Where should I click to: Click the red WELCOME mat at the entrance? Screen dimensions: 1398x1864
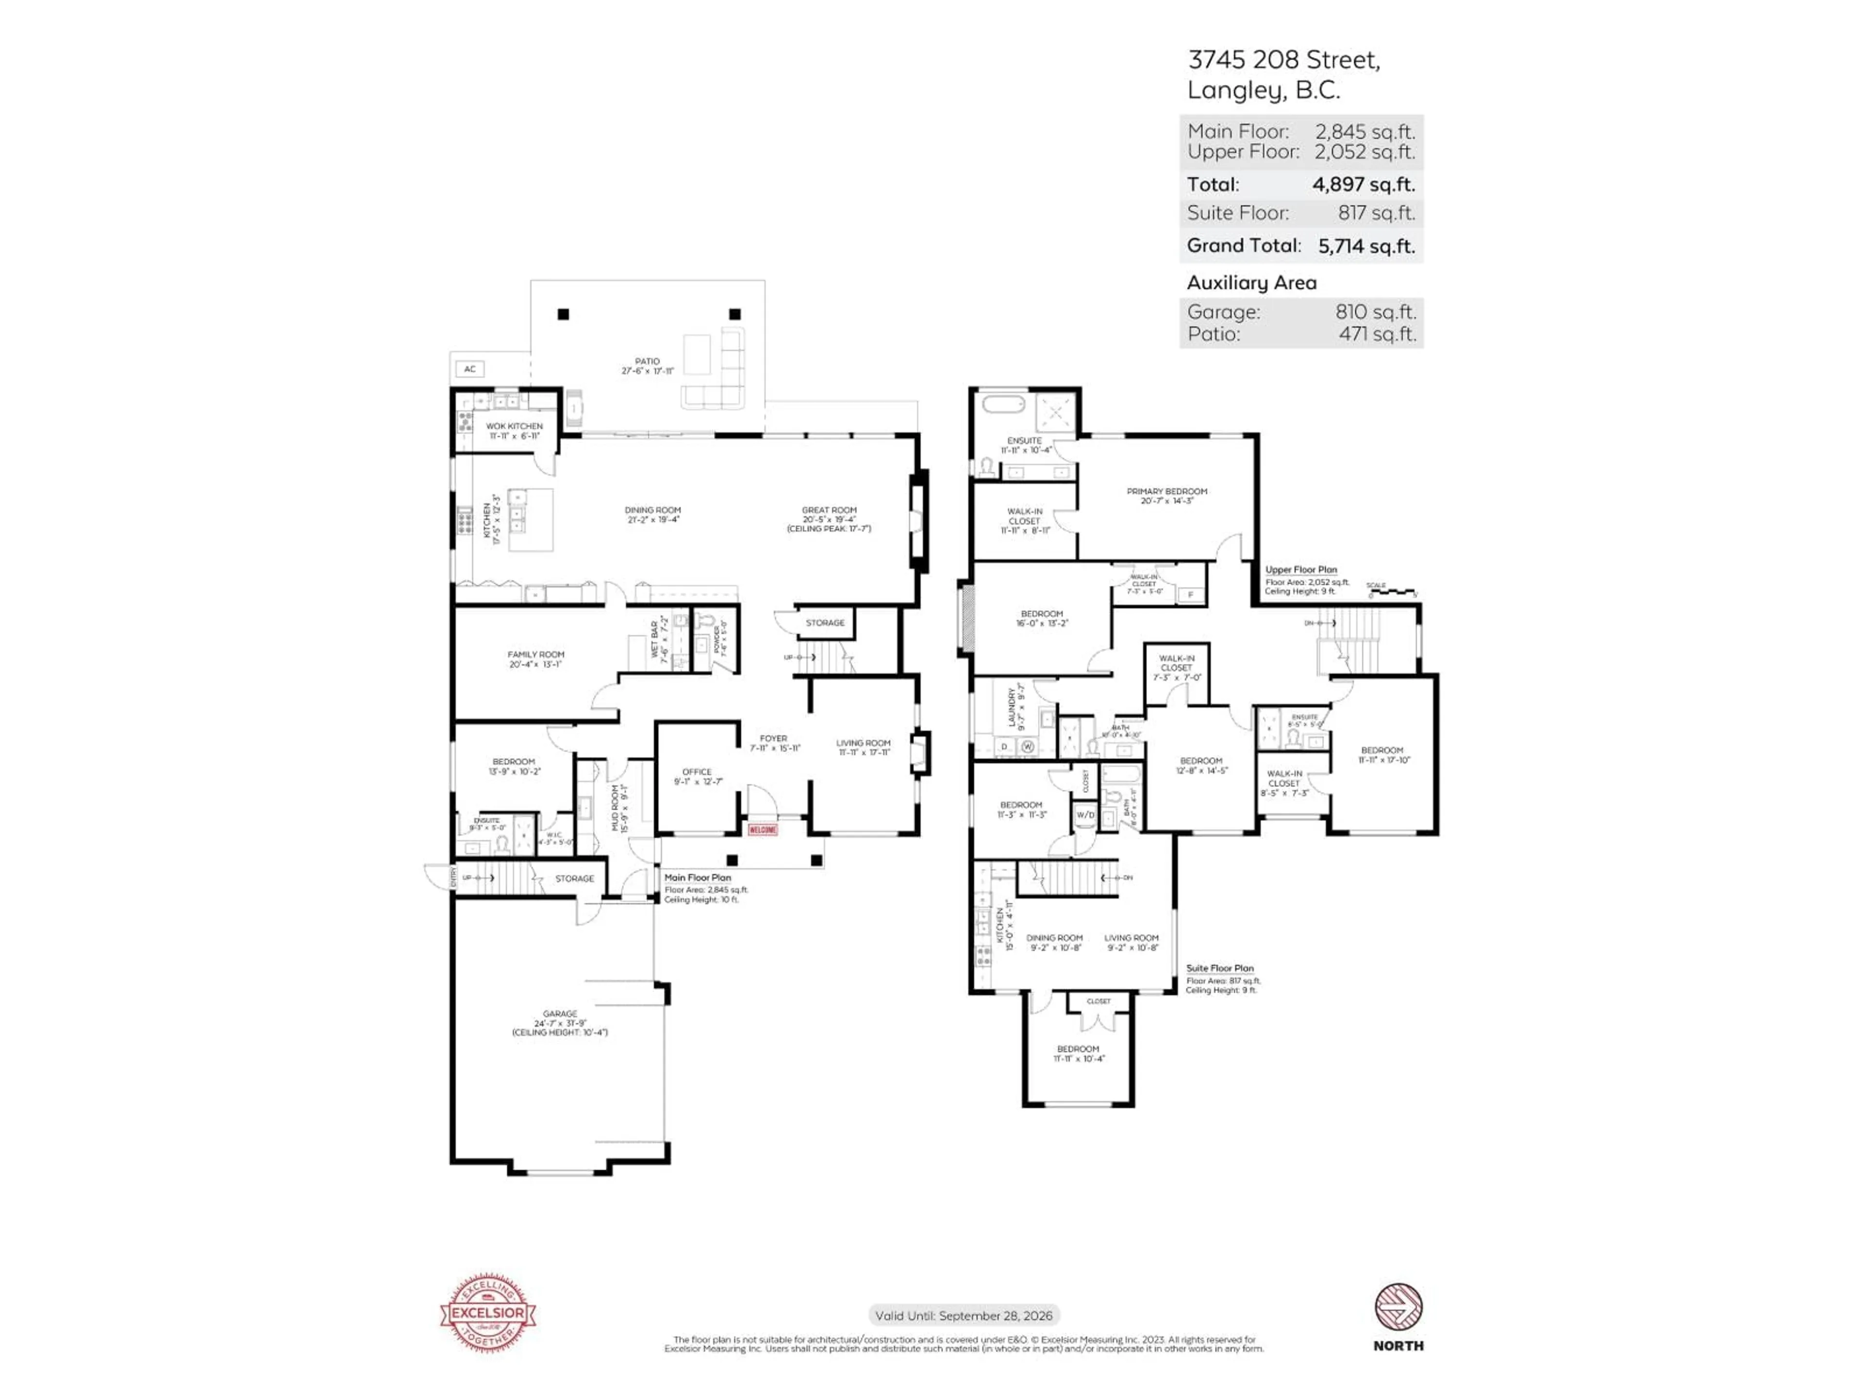[763, 830]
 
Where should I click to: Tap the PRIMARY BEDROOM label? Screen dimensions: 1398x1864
[1166, 491]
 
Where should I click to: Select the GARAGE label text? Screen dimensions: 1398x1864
[560, 1014]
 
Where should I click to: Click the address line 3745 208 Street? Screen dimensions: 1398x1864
[1283, 60]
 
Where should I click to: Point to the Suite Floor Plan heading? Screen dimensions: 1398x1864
[1219, 968]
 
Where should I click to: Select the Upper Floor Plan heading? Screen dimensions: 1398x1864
[1300, 570]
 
